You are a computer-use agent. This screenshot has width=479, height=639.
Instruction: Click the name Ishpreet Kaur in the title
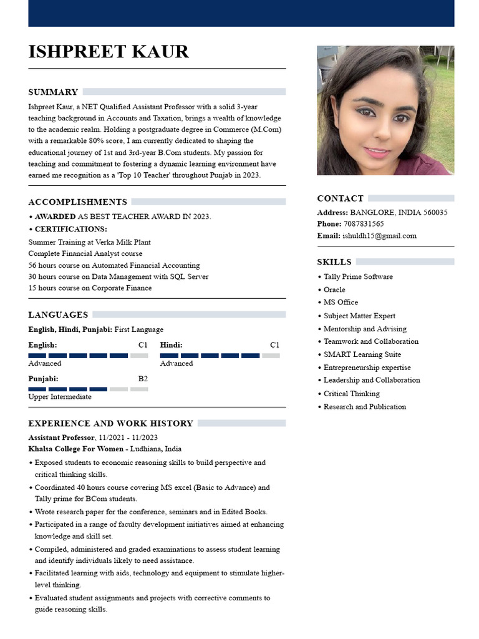[109, 51]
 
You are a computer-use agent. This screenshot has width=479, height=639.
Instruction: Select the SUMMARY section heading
[53, 92]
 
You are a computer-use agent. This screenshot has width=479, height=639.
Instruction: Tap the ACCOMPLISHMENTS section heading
[77, 202]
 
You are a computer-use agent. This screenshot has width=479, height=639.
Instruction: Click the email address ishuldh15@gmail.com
[379, 236]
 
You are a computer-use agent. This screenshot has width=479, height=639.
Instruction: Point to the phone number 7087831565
[364, 224]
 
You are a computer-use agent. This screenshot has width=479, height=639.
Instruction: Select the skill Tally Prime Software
[358, 276]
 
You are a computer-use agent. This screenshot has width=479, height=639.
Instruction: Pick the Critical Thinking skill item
[351, 394]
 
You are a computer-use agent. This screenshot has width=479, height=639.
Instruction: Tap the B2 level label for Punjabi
[143, 379]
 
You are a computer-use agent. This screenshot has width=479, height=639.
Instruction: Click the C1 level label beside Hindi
[274, 345]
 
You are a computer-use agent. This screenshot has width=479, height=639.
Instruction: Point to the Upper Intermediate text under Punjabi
[60, 397]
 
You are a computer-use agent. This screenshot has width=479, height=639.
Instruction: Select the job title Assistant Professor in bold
[61, 437]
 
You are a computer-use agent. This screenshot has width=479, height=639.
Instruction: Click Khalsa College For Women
[75, 449]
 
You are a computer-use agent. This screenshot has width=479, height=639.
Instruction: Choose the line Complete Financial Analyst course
[85, 253]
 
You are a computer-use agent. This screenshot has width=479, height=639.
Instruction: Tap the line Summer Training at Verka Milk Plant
[89, 242]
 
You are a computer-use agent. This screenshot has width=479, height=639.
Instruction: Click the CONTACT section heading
[340, 198]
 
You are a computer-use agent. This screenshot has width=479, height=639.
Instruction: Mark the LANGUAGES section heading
[58, 315]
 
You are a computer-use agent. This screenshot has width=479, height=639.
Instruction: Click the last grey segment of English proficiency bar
[139, 356]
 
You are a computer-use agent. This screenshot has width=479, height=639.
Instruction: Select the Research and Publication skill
[364, 407]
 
